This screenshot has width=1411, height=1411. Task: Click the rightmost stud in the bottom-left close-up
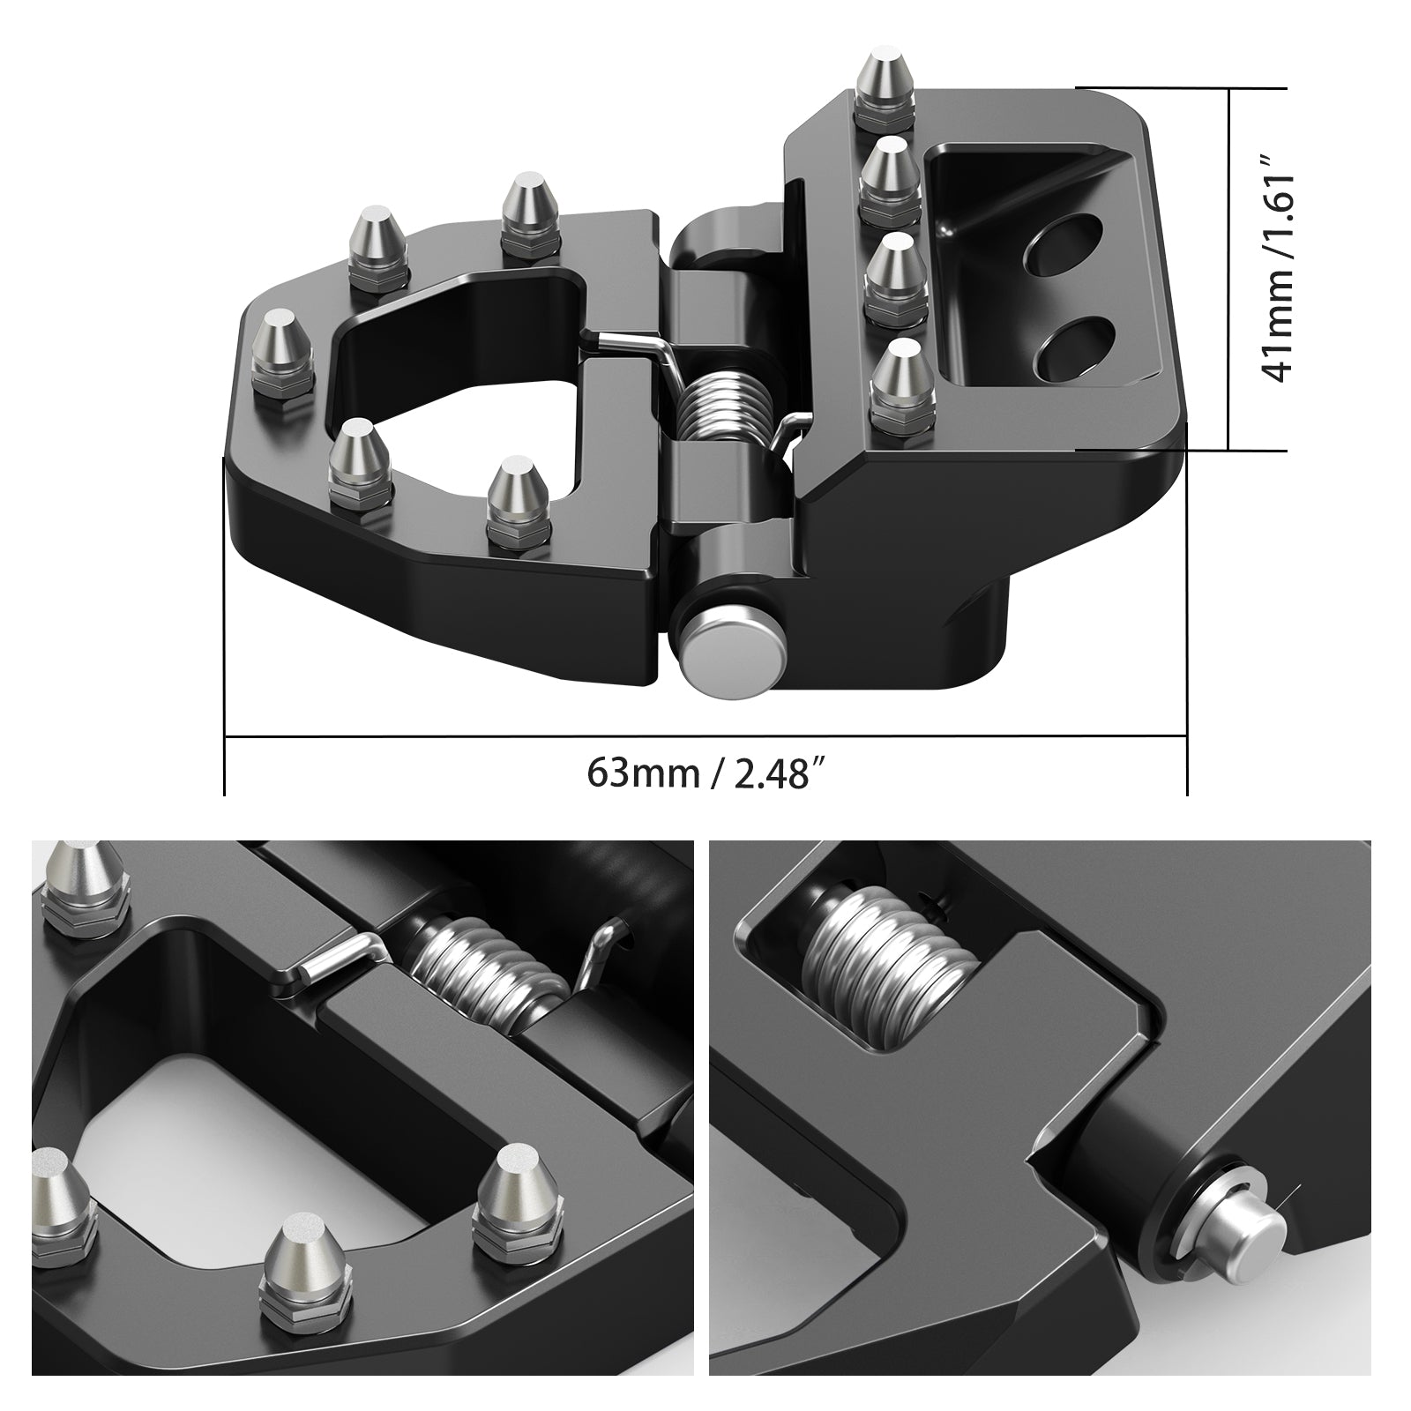tap(519, 1192)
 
